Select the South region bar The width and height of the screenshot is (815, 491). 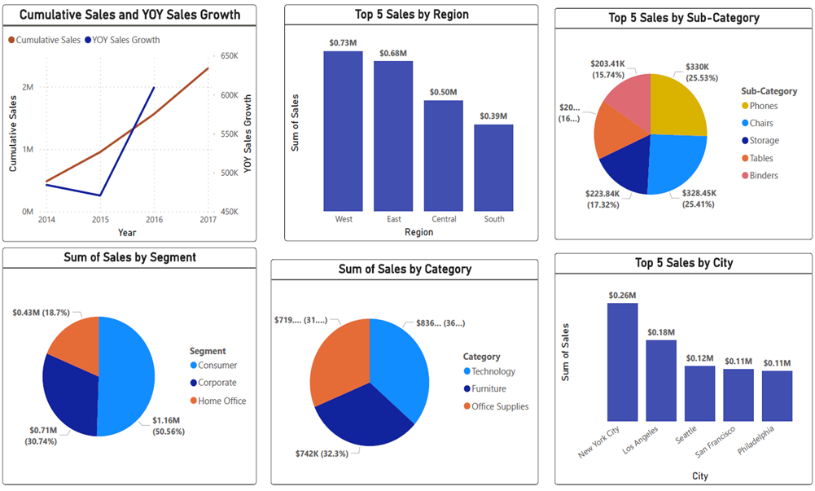(493, 167)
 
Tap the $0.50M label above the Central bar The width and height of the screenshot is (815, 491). (443, 92)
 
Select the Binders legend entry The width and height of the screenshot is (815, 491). (763, 176)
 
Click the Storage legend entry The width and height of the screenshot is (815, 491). (763, 141)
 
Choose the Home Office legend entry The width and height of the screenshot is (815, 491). (221, 401)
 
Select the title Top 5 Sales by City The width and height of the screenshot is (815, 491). (684, 262)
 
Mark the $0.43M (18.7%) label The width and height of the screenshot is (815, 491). (41, 313)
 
